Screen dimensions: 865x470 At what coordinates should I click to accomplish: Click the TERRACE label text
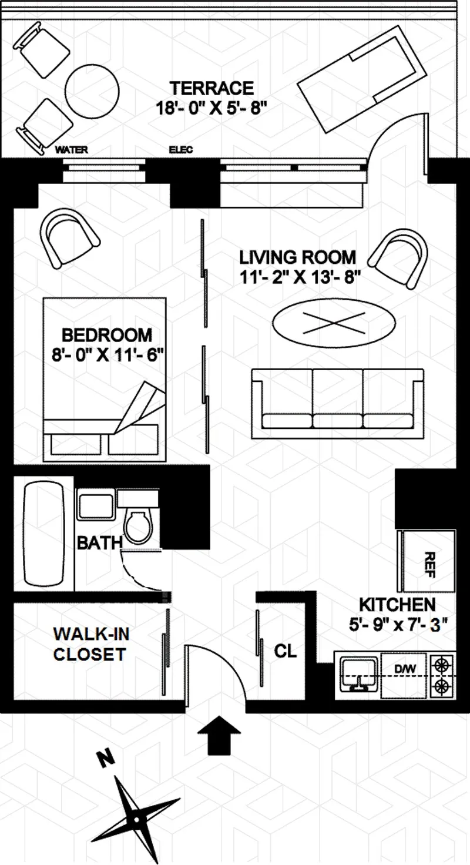pyautogui.click(x=211, y=88)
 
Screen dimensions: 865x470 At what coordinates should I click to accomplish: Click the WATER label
pyautogui.click(x=71, y=150)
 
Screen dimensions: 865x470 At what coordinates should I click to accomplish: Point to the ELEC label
pyautogui.click(x=180, y=150)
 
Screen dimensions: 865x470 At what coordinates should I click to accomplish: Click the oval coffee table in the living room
pyautogui.click(x=334, y=322)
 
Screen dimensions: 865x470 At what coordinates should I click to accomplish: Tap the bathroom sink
pyautogui.click(x=96, y=504)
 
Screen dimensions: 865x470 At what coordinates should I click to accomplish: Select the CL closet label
pyautogui.click(x=286, y=651)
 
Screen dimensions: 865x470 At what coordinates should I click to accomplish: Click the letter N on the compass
pyautogui.click(x=105, y=760)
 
